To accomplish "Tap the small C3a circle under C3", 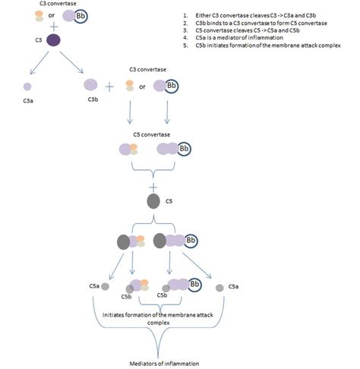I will [x=27, y=87].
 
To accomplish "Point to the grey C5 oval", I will [x=153, y=203].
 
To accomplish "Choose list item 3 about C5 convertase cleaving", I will [x=251, y=30].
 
